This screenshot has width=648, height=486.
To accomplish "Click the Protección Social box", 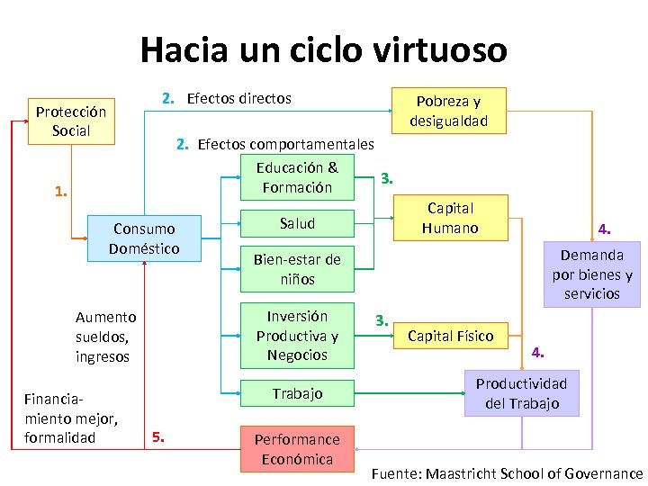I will coord(71,121).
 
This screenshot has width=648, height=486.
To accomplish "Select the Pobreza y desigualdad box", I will coord(448,111).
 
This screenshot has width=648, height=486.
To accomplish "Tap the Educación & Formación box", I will coord(297,177).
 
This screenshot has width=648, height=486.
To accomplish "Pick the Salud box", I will coord(297,222).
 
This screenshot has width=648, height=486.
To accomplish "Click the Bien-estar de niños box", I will coord(297,269).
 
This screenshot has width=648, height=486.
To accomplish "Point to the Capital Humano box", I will coord(450,218).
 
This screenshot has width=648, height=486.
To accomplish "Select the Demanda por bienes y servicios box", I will coord(591,274).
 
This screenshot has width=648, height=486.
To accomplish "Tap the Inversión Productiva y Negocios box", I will coord(297,335).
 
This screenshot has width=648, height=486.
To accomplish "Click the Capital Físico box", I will coord(450,336).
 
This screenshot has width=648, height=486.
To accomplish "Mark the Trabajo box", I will coord(297,393).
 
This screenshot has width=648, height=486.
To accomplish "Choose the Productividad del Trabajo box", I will coord(521,393).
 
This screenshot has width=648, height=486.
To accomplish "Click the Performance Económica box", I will coord(297,449).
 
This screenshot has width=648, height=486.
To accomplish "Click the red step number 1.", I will coord(60,192).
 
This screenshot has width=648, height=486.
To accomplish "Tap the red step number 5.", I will coord(158,438).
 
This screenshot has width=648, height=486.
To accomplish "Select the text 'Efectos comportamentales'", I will coord(285,144).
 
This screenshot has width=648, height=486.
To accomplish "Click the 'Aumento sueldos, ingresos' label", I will coord(105,337).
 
